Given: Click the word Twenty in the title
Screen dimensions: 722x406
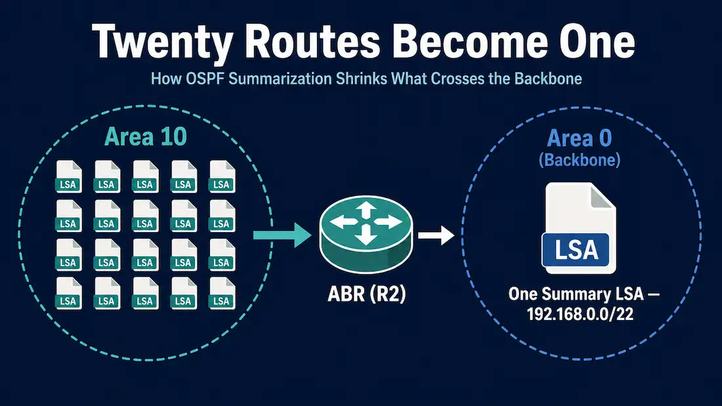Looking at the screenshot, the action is tap(163, 43).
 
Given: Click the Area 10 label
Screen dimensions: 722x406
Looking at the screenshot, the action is tap(146, 136).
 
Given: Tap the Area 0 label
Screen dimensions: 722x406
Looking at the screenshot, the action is tap(580, 138).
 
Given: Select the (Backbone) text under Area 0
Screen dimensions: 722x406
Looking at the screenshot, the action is tap(580, 160).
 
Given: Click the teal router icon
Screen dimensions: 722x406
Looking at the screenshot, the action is tap(366, 234).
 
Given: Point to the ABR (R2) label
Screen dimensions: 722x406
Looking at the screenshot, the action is tap(366, 294).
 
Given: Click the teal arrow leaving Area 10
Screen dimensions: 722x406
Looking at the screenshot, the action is tap(282, 235).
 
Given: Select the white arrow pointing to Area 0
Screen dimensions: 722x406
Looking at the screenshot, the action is tap(436, 235).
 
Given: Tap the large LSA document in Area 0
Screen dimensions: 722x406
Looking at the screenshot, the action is tap(579, 228).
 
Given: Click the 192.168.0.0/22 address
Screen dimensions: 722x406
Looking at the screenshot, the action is tap(580, 314).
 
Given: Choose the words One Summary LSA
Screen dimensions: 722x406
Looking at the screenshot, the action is tap(576, 294).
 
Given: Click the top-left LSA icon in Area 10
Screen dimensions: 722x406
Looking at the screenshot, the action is tap(69, 176).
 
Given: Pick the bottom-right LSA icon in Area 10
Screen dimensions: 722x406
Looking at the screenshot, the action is tap(222, 293).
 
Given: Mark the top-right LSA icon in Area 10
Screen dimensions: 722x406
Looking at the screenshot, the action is tap(222, 176).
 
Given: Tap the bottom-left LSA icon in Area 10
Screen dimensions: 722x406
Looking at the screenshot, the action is tap(69, 293).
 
